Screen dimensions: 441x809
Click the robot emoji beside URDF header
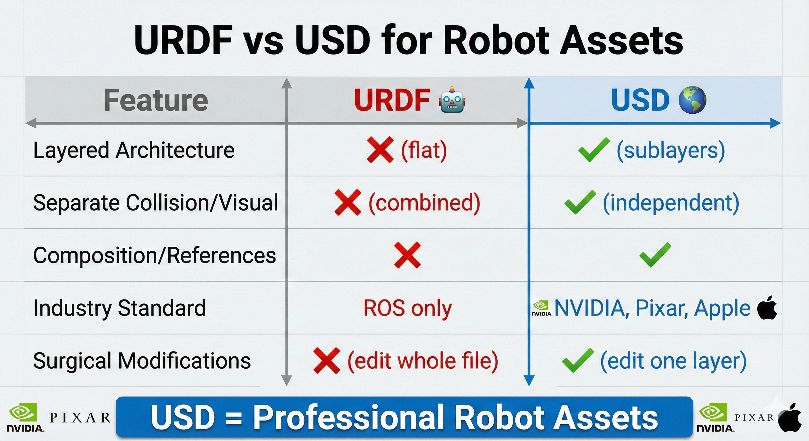(x=452, y=100)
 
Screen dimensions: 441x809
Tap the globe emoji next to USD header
(x=692, y=100)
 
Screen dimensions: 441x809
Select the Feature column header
(x=156, y=100)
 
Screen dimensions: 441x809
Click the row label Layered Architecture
(x=134, y=150)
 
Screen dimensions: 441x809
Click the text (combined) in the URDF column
(x=424, y=202)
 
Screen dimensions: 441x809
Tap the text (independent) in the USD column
(x=671, y=202)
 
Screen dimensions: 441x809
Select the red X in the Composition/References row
(x=407, y=255)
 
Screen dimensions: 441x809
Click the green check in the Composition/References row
(x=655, y=255)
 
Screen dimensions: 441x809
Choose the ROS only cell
(x=407, y=308)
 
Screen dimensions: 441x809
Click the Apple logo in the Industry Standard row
(x=767, y=308)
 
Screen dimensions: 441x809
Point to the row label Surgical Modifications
(x=142, y=361)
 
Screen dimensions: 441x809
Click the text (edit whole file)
(x=423, y=361)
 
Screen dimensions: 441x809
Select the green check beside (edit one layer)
(x=577, y=361)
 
